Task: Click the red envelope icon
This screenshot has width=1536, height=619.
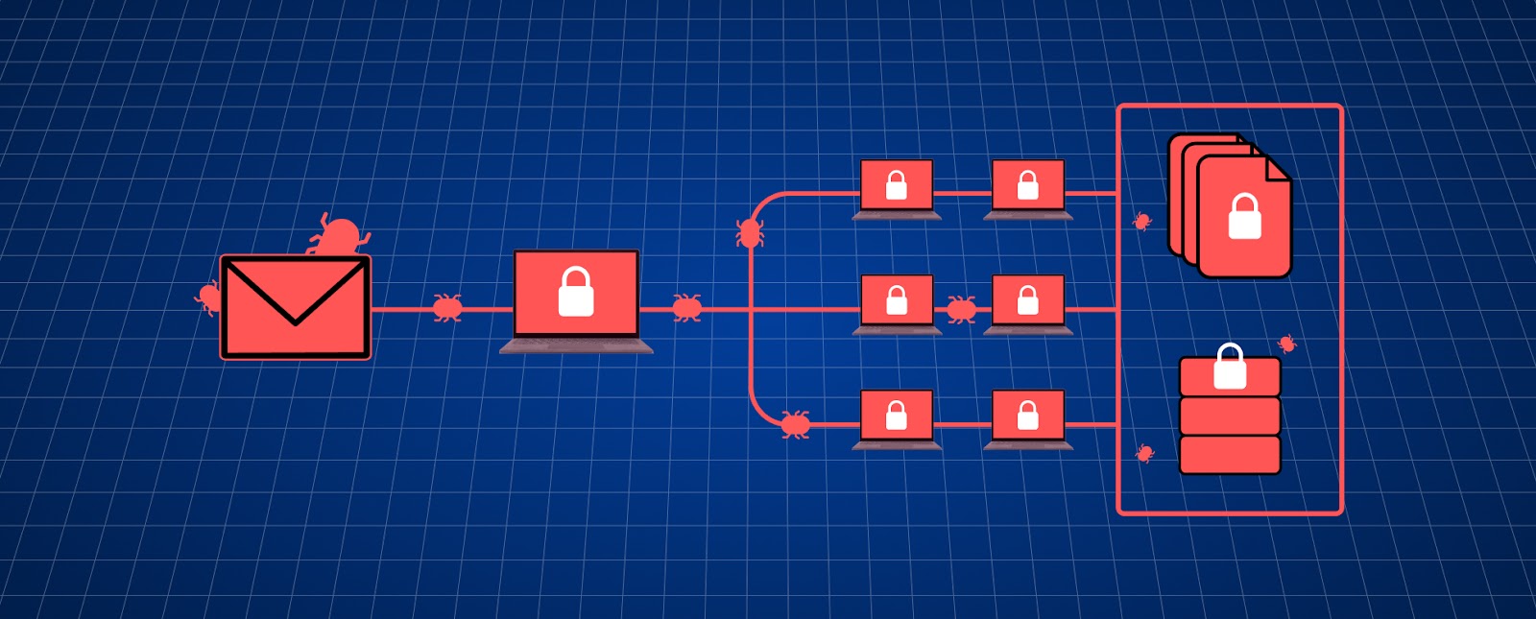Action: tap(295, 307)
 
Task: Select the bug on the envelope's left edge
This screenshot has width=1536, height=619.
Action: tap(208, 296)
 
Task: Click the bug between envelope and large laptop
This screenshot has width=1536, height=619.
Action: tap(447, 308)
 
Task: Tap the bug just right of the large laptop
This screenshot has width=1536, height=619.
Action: tap(686, 308)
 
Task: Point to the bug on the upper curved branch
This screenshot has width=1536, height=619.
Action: tap(750, 232)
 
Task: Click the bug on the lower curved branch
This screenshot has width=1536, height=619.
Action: tap(795, 423)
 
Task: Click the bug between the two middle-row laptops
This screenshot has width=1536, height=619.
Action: tap(961, 308)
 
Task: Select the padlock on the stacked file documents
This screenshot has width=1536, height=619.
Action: tap(1244, 217)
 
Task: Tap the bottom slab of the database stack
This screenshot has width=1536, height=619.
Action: tap(1230, 455)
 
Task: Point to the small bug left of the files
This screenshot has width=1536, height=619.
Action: tap(1141, 222)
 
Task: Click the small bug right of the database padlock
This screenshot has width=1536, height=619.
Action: tap(1287, 343)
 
